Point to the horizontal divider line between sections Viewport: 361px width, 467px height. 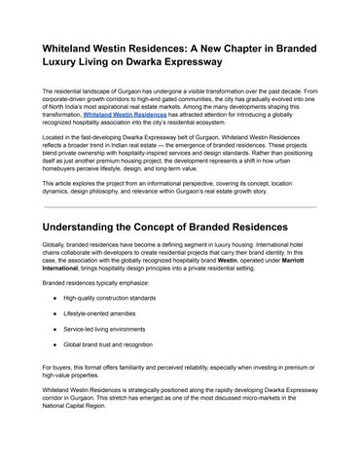pos(180,207)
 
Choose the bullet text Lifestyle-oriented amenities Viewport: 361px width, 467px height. pos(102,313)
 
